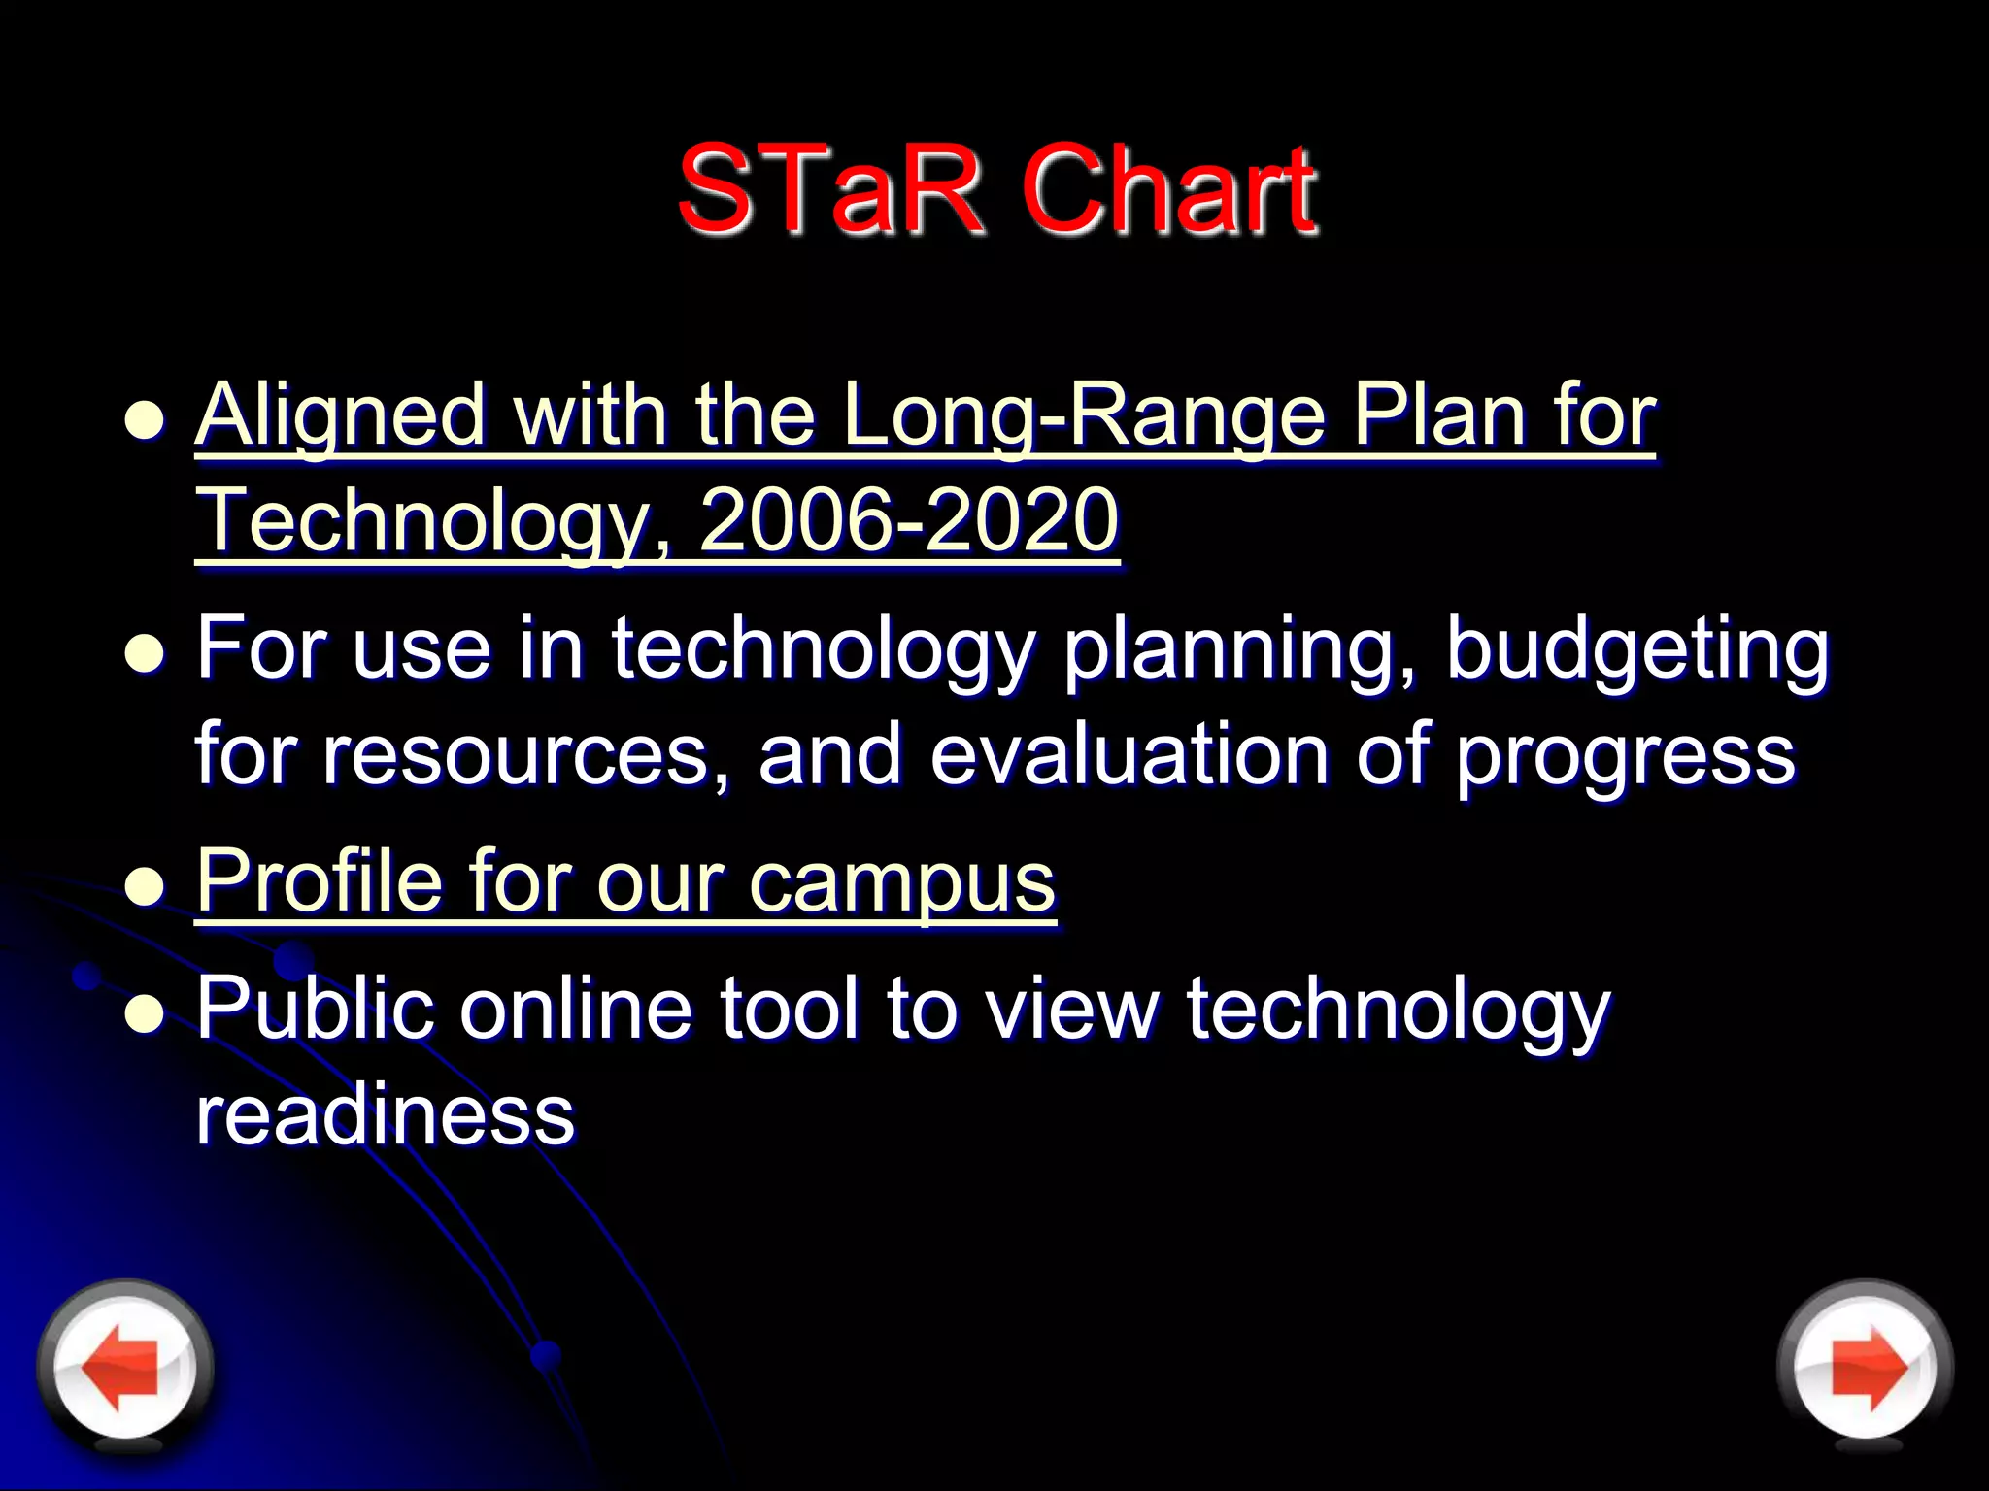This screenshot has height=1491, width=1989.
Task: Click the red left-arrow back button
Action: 124,1367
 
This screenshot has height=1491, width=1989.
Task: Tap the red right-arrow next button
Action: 1865,1367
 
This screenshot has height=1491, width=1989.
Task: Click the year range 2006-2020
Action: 909,520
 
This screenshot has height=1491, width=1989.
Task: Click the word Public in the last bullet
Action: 314,1010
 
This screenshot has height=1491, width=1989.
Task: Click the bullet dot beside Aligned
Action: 146,422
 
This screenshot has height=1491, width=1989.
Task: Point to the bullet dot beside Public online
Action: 146,1014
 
